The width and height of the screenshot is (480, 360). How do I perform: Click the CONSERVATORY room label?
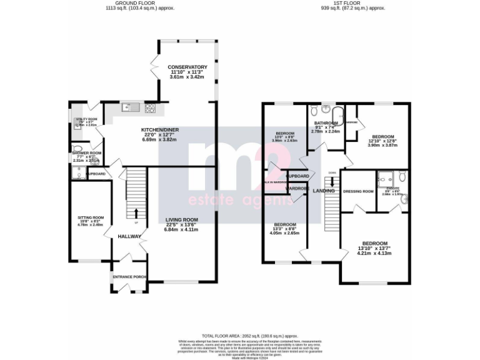(x=187, y=67)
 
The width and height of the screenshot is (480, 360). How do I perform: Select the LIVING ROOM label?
(x=181, y=219)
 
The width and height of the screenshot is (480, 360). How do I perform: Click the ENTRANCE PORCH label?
(x=129, y=276)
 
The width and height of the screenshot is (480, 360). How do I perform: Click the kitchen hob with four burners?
(x=151, y=107)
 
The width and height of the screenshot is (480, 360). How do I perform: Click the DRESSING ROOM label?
(x=358, y=191)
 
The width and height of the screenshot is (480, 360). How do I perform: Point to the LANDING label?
(x=324, y=191)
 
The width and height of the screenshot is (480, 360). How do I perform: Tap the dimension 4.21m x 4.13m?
(x=374, y=253)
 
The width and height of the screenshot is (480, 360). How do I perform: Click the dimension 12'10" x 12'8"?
(x=382, y=141)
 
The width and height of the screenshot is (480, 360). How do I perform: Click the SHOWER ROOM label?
(x=86, y=152)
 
